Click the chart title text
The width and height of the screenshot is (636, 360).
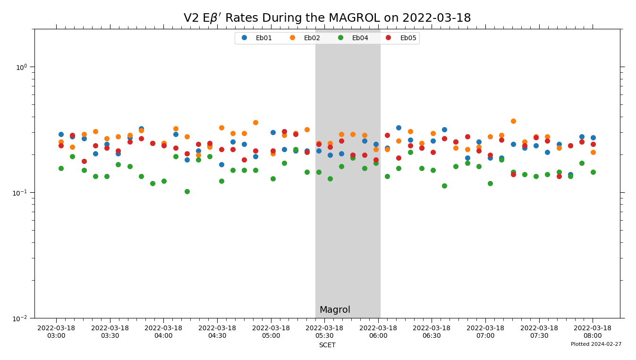pyautogui.click(x=327, y=18)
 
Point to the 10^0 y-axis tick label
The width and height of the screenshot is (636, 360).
pyautogui.click(x=22, y=67)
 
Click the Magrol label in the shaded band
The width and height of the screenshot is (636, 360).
pyautogui.click(x=335, y=310)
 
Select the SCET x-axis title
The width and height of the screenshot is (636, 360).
pyautogui.click(x=327, y=345)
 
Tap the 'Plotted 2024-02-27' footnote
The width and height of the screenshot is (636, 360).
pyautogui.click(x=596, y=344)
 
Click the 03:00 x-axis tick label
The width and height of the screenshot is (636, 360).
pyautogui.click(x=56, y=332)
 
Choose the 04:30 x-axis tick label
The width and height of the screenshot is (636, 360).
pyautogui.click(x=217, y=332)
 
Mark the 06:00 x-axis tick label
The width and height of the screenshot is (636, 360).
pyautogui.click(x=378, y=332)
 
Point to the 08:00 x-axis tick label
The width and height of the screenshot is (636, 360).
pyautogui.click(x=593, y=332)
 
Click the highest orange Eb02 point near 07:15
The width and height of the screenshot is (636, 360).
pyautogui.click(x=513, y=121)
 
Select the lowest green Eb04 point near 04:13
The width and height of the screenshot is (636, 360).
pyautogui.click(x=187, y=191)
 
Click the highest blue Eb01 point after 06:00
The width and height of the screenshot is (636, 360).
pyautogui.click(x=399, y=128)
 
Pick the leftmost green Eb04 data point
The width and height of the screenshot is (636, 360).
pyautogui.click(x=61, y=168)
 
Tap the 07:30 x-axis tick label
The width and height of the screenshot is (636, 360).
pyautogui.click(x=539, y=332)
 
